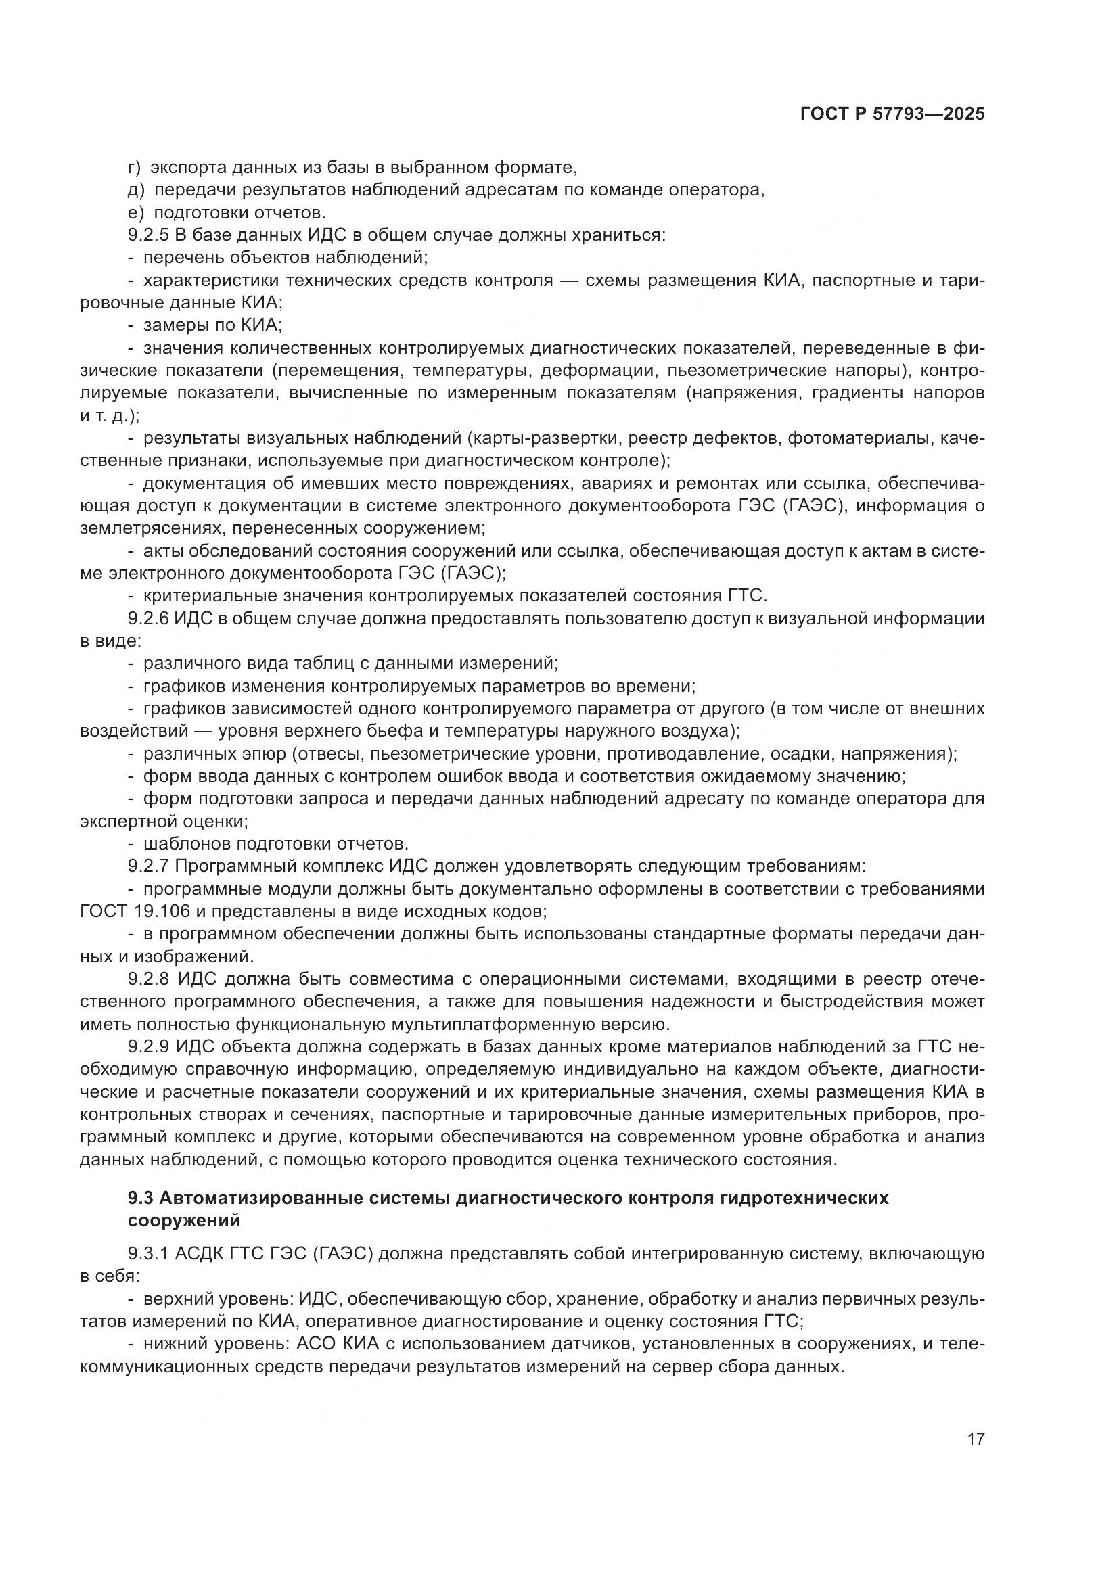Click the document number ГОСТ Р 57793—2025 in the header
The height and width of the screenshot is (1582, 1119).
(x=892, y=114)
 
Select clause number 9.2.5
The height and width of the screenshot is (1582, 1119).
(x=147, y=235)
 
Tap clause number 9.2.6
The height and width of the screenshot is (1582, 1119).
(x=147, y=618)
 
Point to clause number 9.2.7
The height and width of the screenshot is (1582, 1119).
(x=147, y=866)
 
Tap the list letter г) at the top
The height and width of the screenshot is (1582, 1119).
(x=134, y=168)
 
